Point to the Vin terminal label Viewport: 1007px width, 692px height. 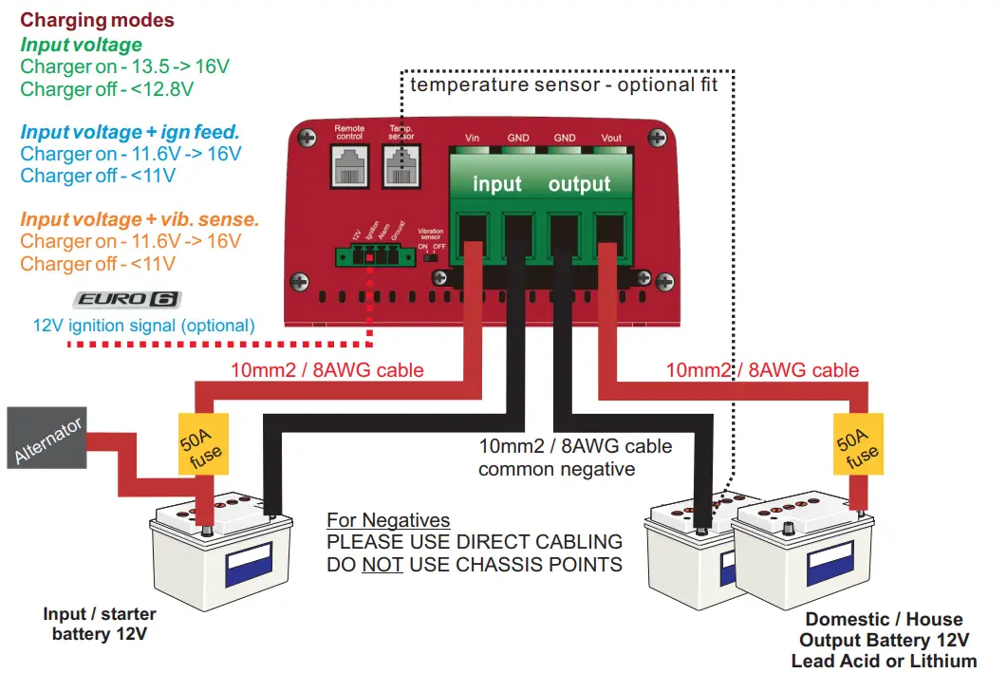[472, 139]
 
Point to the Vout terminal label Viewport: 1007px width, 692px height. [611, 139]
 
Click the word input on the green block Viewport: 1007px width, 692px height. [496, 184]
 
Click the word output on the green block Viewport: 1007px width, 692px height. [579, 184]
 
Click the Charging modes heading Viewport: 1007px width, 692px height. [97, 20]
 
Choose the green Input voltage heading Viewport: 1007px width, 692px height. [81, 45]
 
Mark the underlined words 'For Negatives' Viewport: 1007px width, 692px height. [387, 520]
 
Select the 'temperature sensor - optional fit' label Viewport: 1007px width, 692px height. [564, 84]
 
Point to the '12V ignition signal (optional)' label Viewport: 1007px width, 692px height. [143, 326]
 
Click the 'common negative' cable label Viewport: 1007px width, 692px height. [556, 469]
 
